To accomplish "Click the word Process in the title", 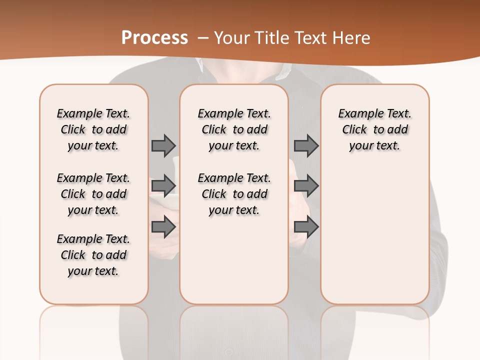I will (x=154, y=37).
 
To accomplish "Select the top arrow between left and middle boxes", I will (x=163, y=145).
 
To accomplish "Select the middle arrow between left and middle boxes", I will (x=163, y=186).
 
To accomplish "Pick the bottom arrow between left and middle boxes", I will (x=163, y=227).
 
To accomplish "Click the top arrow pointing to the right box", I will (x=306, y=145).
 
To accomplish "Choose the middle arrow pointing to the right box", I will (x=306, y=186).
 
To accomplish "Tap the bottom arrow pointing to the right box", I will (x=306, y=227).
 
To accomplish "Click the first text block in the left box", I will (x=93, y=129).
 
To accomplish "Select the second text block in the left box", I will (x=93, y=194).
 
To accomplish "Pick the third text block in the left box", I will (x=93, y=255).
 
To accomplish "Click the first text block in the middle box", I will (x=234, y=129).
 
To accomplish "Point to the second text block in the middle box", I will (x=234, y=194).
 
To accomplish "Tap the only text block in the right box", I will (x=374, y=129).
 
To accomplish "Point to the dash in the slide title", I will (x=203, y=37).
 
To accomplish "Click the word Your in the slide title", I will (x=232, y=37).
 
